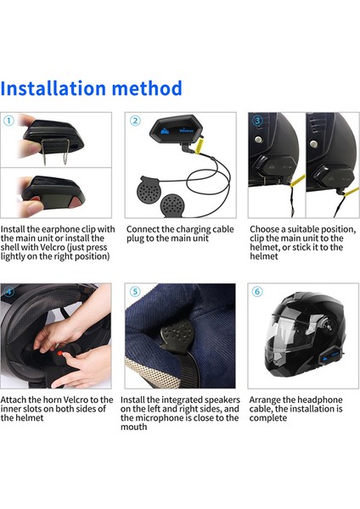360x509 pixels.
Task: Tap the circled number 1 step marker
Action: point(8,120)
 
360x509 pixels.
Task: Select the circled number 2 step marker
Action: point(134,120)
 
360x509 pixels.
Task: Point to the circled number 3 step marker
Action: point(257,120)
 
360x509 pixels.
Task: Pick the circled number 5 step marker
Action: point(134,291)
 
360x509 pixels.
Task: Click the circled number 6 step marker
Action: point(257,291)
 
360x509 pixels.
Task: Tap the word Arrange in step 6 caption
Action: point(268,400)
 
